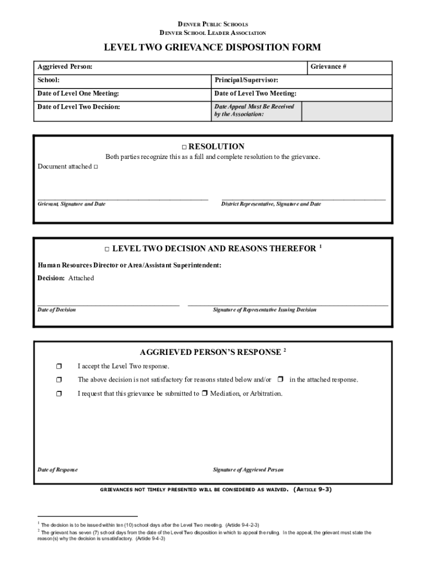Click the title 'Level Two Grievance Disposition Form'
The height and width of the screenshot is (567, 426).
[212, 48]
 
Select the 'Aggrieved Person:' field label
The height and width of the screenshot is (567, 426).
[65, 67]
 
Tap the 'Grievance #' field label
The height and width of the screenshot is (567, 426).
[328, 67]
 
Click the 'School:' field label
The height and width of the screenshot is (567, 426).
[49, 80]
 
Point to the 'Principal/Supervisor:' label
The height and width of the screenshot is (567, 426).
[246, 80]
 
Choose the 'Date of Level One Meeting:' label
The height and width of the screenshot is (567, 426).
[78, 94]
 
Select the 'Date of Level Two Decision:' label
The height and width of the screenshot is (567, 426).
[79, 107]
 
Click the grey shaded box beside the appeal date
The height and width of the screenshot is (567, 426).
[347, 111]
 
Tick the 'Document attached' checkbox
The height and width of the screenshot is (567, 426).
[96, 167]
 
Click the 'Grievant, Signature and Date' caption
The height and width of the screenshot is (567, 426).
[71, 204]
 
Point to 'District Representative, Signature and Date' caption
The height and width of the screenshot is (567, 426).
[271, 204]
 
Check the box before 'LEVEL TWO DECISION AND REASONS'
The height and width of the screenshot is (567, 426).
[107, 249]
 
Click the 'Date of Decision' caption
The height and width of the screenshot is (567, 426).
[56, 310]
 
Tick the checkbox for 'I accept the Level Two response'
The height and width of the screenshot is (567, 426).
[59, 366]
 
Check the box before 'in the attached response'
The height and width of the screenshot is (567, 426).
[280, 379]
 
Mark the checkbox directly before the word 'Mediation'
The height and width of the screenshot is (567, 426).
[204, 394]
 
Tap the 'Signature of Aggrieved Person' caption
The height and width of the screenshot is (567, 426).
[248, 470]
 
